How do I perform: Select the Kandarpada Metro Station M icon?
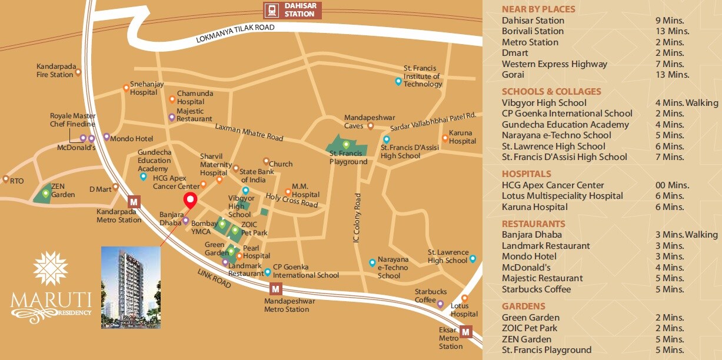click(x=134, y=202)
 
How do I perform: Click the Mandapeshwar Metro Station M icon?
click(x=275, y=289)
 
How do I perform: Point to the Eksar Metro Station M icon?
click(x=466, y=332)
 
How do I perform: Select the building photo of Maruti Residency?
click(x=131, y=287)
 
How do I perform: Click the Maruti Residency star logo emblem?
click(x=51, y=268)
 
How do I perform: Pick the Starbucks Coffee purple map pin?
click(x=440, y=304)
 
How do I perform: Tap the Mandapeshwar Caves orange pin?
click(x=370, y=125)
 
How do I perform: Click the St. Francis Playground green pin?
click(x=347, y=144)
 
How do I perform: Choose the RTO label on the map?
click(x=16, y=181)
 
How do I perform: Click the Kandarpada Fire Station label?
click(x=56, y=71)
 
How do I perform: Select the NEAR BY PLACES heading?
click(x=538, y=9)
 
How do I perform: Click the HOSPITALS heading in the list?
click(x=526, y=174)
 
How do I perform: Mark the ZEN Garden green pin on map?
click(x=45, y=192)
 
